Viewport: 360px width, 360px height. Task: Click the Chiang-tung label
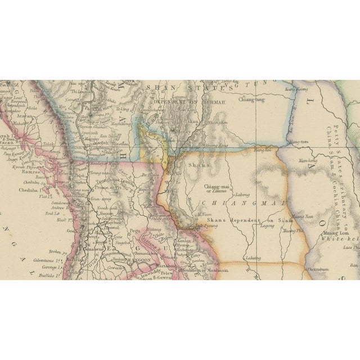252,100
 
